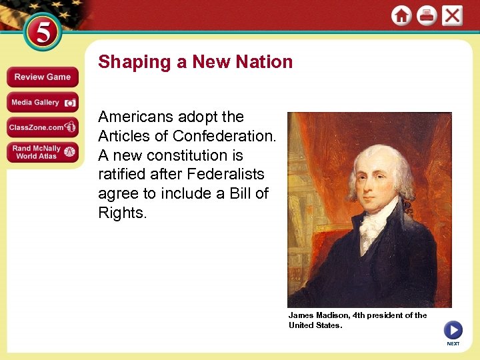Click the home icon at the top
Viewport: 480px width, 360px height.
click(x=401, y=15)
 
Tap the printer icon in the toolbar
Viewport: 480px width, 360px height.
click(x=427, y=15)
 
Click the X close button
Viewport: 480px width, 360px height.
click(x=452, y=15)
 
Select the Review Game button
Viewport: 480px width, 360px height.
click(x=43, y=77)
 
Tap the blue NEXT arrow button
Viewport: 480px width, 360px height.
click(x=453, y=330)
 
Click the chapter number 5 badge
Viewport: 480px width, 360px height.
click(x=42, y=33)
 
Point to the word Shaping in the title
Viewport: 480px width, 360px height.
click(x=135, y=63)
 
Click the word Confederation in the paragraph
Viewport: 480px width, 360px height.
click(x=222, y=136)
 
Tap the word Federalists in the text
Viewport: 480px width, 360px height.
click(x=227, y=175)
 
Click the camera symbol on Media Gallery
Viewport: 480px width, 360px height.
click(x=71, y=103)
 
